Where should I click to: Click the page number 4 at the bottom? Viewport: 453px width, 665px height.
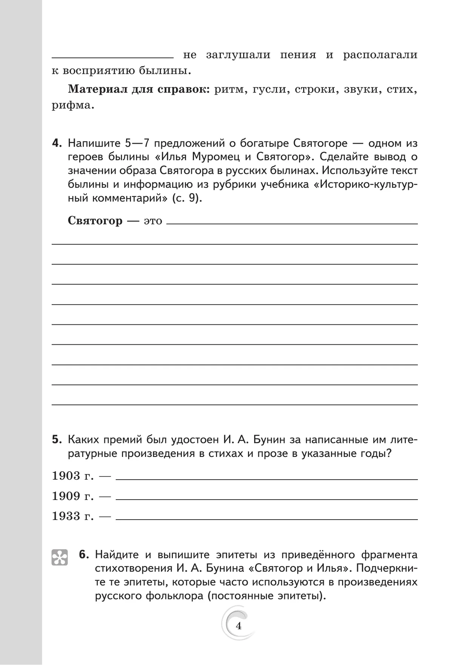point(238,626)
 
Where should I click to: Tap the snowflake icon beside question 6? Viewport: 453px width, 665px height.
point(60,557)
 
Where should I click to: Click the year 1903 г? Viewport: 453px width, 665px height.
point(72,476)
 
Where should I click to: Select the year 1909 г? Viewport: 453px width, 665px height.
point(72,496)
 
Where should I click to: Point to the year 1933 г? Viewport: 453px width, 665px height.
point(72,516)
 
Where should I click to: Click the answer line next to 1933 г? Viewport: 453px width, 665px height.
point(267,519)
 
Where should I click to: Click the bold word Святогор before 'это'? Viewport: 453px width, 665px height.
point(95,221)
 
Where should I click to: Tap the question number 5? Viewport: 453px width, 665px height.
point(57,440)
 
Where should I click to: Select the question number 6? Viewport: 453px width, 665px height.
point(84,555)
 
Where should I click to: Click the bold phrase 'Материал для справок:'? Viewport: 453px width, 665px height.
point(138,90)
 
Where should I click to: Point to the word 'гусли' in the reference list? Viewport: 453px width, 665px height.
point(267,90)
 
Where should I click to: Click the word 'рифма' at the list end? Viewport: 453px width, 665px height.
point(71,105)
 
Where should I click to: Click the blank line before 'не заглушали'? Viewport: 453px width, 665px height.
point(112,57)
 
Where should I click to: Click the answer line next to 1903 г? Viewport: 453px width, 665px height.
point(267,479)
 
